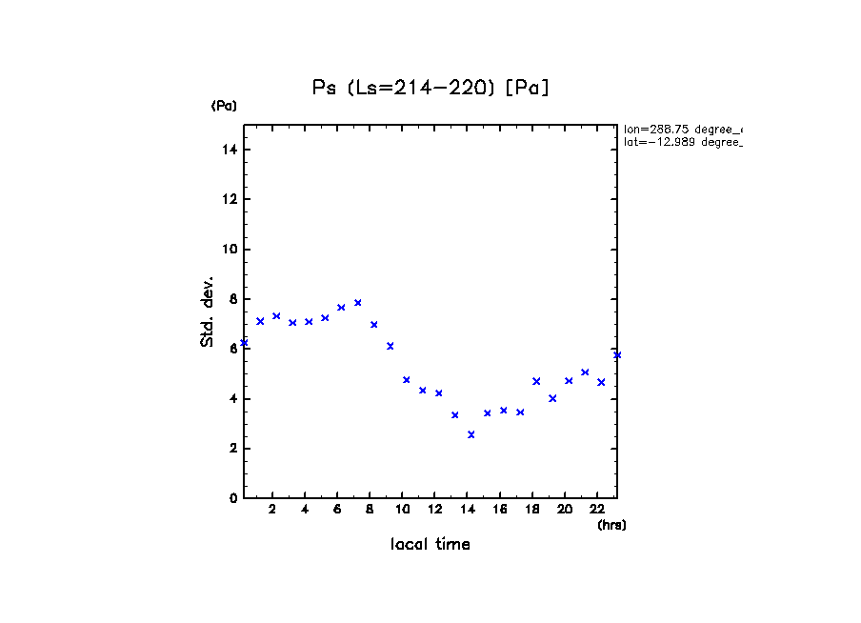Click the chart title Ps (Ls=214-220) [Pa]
[x=430, y=88]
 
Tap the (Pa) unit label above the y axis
[x=224, y=106]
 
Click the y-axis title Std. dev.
[x=208, y=311]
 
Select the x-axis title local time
[x=430, y=545]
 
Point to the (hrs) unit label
[x=611, y=525]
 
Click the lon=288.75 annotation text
[x=682, y=129]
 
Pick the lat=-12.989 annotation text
[x=682, y=142]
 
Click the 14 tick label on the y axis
[x=230, y=151]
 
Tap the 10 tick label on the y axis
[x=230, y=250]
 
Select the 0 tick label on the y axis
[x=232, y=498]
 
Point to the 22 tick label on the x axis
[x=597, y=509]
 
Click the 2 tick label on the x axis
[x=272, y=509]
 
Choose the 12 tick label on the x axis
[x=434, y=509]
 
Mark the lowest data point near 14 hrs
[x=471, y=434]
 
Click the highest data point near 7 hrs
[x=357, y=303]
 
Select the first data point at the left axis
[x=244, y=343]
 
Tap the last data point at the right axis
[x=617, y=355]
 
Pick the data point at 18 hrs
[x=536, y=381]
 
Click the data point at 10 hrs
[x=406, y=380]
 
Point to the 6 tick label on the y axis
[x=232, y=349]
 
